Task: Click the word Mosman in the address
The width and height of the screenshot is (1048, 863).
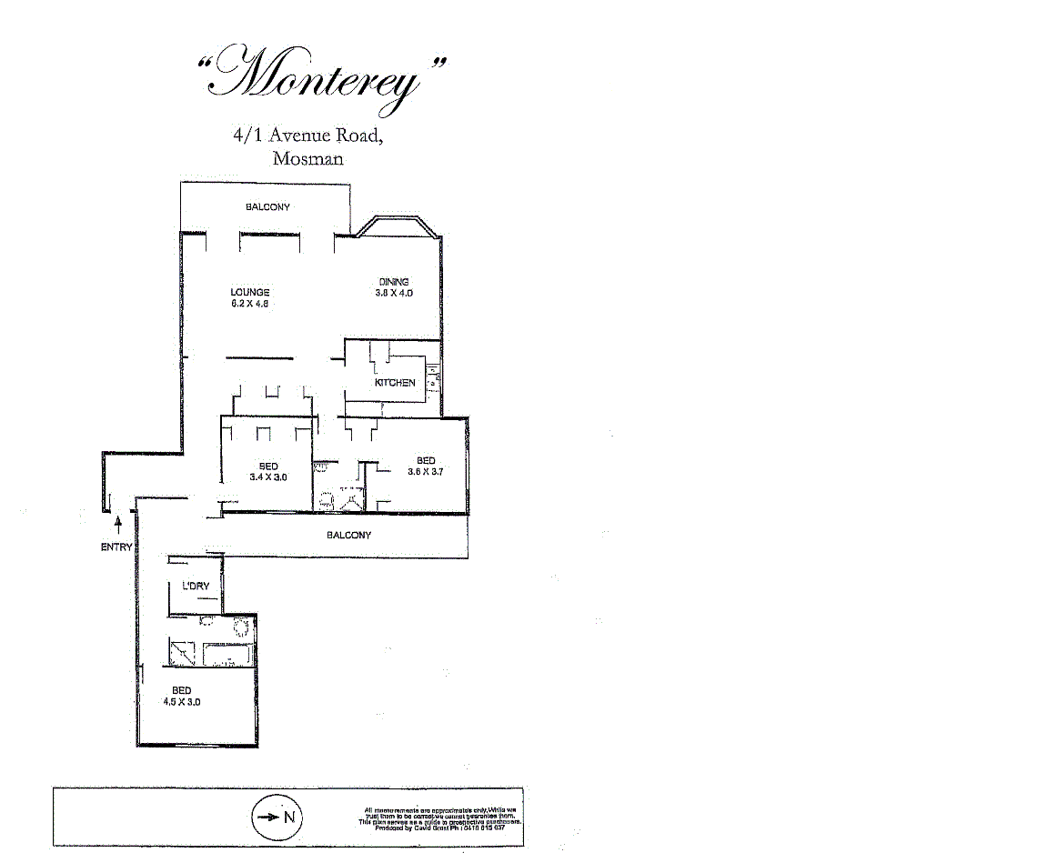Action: coord(307,158)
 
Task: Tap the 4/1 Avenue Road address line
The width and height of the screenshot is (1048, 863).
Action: coord(307,136)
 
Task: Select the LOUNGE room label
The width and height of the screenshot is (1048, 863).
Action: coord(249,292)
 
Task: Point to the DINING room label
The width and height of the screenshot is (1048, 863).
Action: coord(394,282)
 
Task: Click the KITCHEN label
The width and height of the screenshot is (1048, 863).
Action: coord(395,383)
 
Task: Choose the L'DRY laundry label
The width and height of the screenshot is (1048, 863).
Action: coord(196,587)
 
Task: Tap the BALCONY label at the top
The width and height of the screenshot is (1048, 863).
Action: coord(267,207)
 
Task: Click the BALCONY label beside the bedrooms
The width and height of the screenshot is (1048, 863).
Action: coord(348,536)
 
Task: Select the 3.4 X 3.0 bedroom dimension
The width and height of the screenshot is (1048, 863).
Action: coord(268,477)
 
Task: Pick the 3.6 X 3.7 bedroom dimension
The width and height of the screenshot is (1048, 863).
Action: coord(425,472)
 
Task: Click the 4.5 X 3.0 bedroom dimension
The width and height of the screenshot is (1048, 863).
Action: coord(181,702)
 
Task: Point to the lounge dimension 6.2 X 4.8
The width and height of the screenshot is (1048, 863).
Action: coord(249,304)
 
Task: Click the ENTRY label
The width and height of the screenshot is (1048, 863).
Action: coord(116,547)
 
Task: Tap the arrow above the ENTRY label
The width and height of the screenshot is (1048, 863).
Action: coord(118,527)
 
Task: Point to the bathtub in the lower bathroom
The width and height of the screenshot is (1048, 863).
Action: coord(227,655)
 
